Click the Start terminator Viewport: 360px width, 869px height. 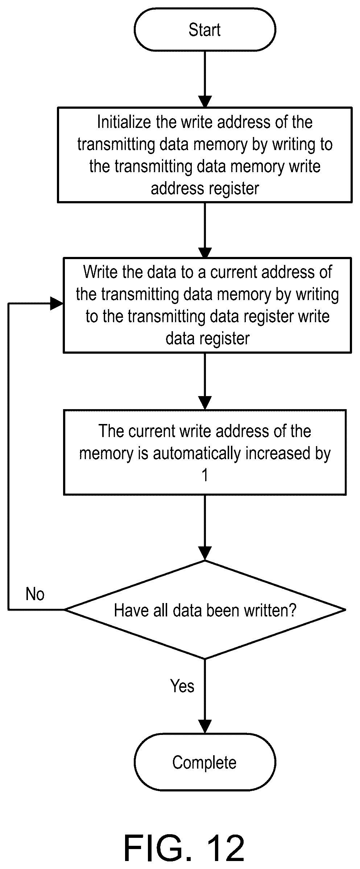pyautogui.click(x=205, y=29)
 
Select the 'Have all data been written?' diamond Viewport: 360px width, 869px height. pyautogui.click(x=205, y=610)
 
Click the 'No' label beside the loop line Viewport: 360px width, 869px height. pyautogui.click(x=35, y=594)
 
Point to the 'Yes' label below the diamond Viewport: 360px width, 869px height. pyautogui.click(x=182, y=686)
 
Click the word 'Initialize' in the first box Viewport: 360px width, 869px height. pyautogui.click(x=124, y=122)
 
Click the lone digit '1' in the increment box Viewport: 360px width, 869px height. pyautogui.click(x=205, y=475)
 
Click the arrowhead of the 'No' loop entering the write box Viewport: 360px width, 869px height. pyautogui.click(x=57, y=303)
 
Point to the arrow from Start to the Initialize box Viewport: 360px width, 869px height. pyautogui.click(x=205, y=79)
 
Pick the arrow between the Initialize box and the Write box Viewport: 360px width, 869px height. pyautogui.click(x=205, y=230)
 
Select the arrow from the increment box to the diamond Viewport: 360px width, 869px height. pyautogui.click(x=205, y=528)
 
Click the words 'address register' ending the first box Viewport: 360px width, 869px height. pyautogui.click(x=205, y=189)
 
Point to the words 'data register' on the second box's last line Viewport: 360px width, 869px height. pyautogui.click(x=208, y=339)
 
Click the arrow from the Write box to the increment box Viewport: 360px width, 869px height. pyautogui.click(x=205, y=381)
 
